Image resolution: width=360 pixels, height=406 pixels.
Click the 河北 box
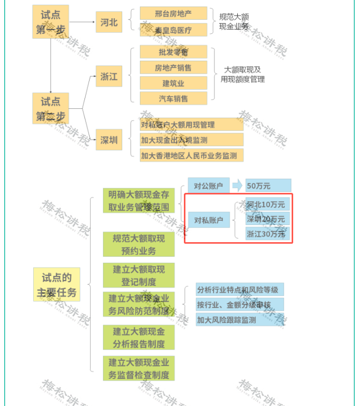coord(109,22)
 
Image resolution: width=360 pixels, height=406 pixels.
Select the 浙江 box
coord(109,77)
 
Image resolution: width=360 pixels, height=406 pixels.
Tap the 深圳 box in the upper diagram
coord(109,140)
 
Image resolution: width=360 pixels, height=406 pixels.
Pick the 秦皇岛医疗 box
coord(173,30)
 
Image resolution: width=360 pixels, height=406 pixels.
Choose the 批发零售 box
coord(173,52)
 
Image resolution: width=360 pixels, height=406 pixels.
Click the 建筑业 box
coord(173,83)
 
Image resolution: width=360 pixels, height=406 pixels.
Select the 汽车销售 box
coord(173,99)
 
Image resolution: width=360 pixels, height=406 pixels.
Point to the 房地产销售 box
coord(173,67)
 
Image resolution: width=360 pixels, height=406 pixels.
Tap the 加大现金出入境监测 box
coord(191,140)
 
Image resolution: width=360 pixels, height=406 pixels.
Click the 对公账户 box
coord(208,186)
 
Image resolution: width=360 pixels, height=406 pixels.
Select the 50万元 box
coord(268,186)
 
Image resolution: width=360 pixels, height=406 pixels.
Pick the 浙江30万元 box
coord(267,234)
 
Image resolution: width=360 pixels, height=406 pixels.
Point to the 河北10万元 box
coord(267,205)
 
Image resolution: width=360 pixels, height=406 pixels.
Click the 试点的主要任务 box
coord(56,285)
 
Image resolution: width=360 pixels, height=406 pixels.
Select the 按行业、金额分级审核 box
coord(240,305)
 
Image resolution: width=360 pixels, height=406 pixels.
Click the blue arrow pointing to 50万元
coord(237,186)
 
